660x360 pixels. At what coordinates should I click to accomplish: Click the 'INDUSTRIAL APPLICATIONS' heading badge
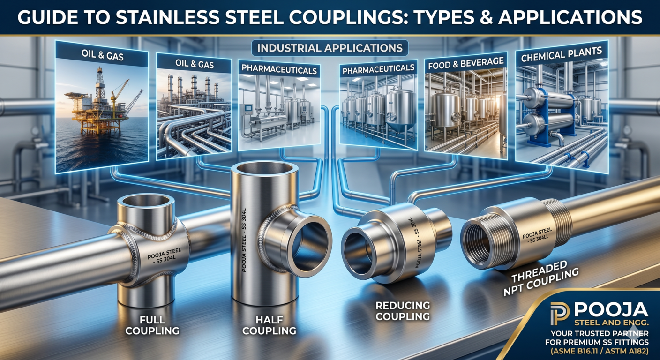[x=330, y=48]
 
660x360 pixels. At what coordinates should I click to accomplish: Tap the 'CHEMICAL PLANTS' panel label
[x=561, y=55]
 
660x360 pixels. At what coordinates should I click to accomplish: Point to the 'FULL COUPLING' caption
[x=152, y=325]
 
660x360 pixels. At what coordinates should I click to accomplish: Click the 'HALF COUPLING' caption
[x=269, y=325]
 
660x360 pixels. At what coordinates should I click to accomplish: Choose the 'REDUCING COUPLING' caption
[x=403, y=311]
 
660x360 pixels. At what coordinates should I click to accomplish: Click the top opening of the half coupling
[x=264, y=169]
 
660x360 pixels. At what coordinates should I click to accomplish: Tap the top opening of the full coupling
[x=146, y=201]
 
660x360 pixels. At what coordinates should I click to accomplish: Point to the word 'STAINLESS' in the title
[x=167, y=17]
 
